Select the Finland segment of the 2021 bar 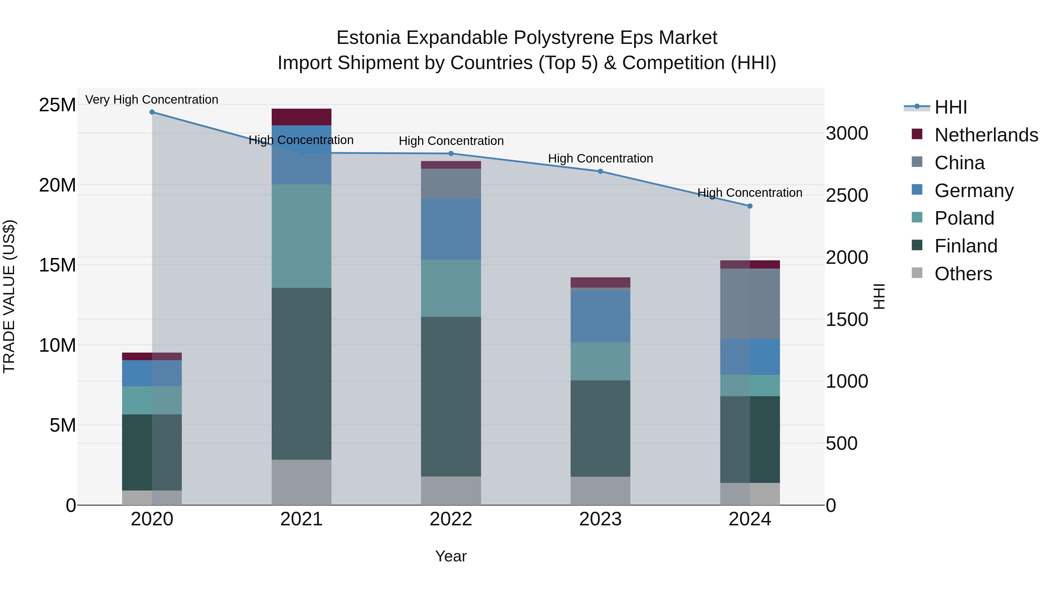click(301, 373)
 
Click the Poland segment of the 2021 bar click(301, 236)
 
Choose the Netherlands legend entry click(986, 135)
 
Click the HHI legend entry click(950, 107)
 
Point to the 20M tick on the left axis click(57, 185)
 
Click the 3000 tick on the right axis click(846, 134)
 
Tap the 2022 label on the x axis click(451, 519)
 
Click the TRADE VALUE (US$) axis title click(9, 296)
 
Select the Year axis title click(451, 556)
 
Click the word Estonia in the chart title click(368, 38)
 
